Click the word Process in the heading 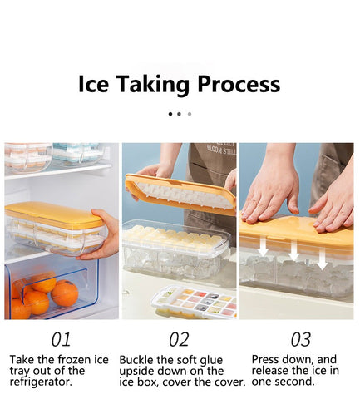click(x=239, y=84)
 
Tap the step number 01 click(x=61, y=339)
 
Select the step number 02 click(x=179, y=339)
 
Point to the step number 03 click(x=301, y=339)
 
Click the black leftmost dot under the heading click(x=170, y=114)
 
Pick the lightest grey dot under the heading click(x=190, y=114)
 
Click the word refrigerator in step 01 click(x=41, y=382)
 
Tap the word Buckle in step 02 click(x=136, y=360)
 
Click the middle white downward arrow click(x=293, y=250)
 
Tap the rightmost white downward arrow click(x=322, y=258)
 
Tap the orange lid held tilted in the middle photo click(x=180, y=194)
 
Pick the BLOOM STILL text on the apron click(x=222, y=150)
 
